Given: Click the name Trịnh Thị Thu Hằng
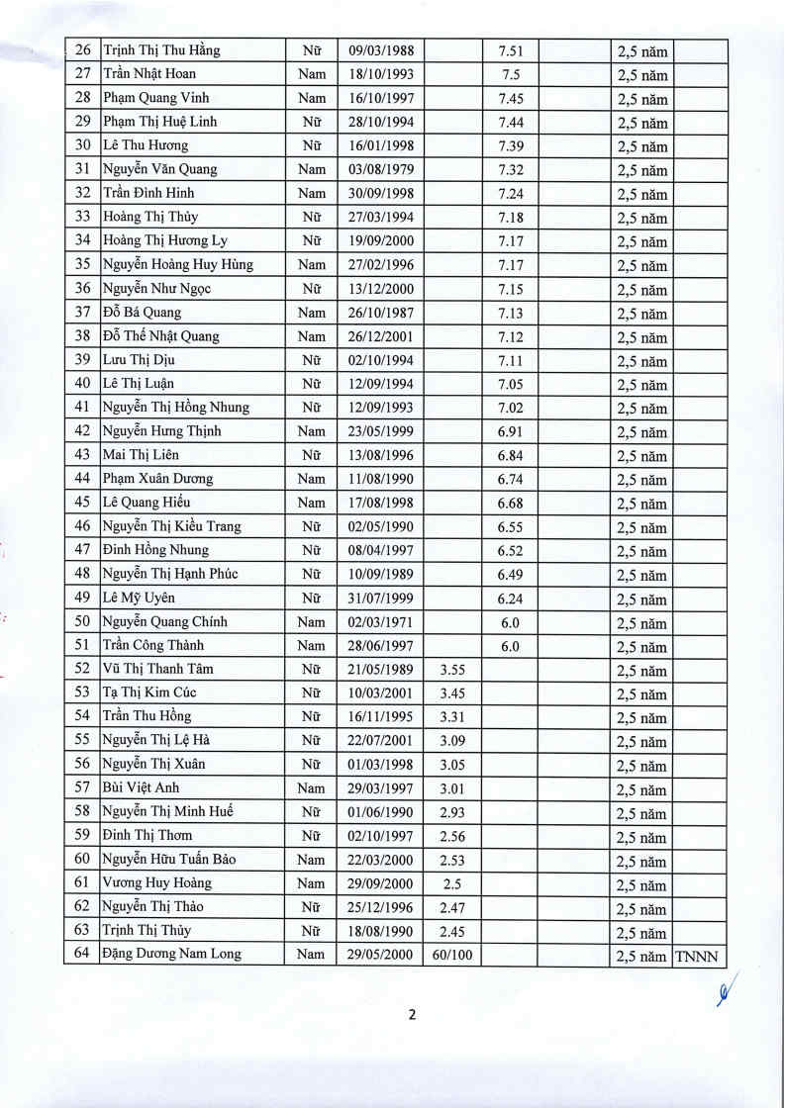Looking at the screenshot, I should pos(161,50).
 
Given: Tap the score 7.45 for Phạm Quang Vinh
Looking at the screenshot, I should pos(512,98).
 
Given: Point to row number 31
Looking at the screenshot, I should pos(83,169).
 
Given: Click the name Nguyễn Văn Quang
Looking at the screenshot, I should pos(160,169).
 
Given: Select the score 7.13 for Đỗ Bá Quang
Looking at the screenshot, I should pos(512,313).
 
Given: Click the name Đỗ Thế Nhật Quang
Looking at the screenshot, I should pos(161,336).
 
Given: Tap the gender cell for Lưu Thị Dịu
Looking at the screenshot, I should pos(312,360).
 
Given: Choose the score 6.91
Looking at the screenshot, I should pos(511,431).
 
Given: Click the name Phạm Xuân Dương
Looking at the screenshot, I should pos(157,479).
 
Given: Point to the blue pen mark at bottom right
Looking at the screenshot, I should pos(730,989).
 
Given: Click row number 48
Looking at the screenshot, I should pos(83,574).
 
